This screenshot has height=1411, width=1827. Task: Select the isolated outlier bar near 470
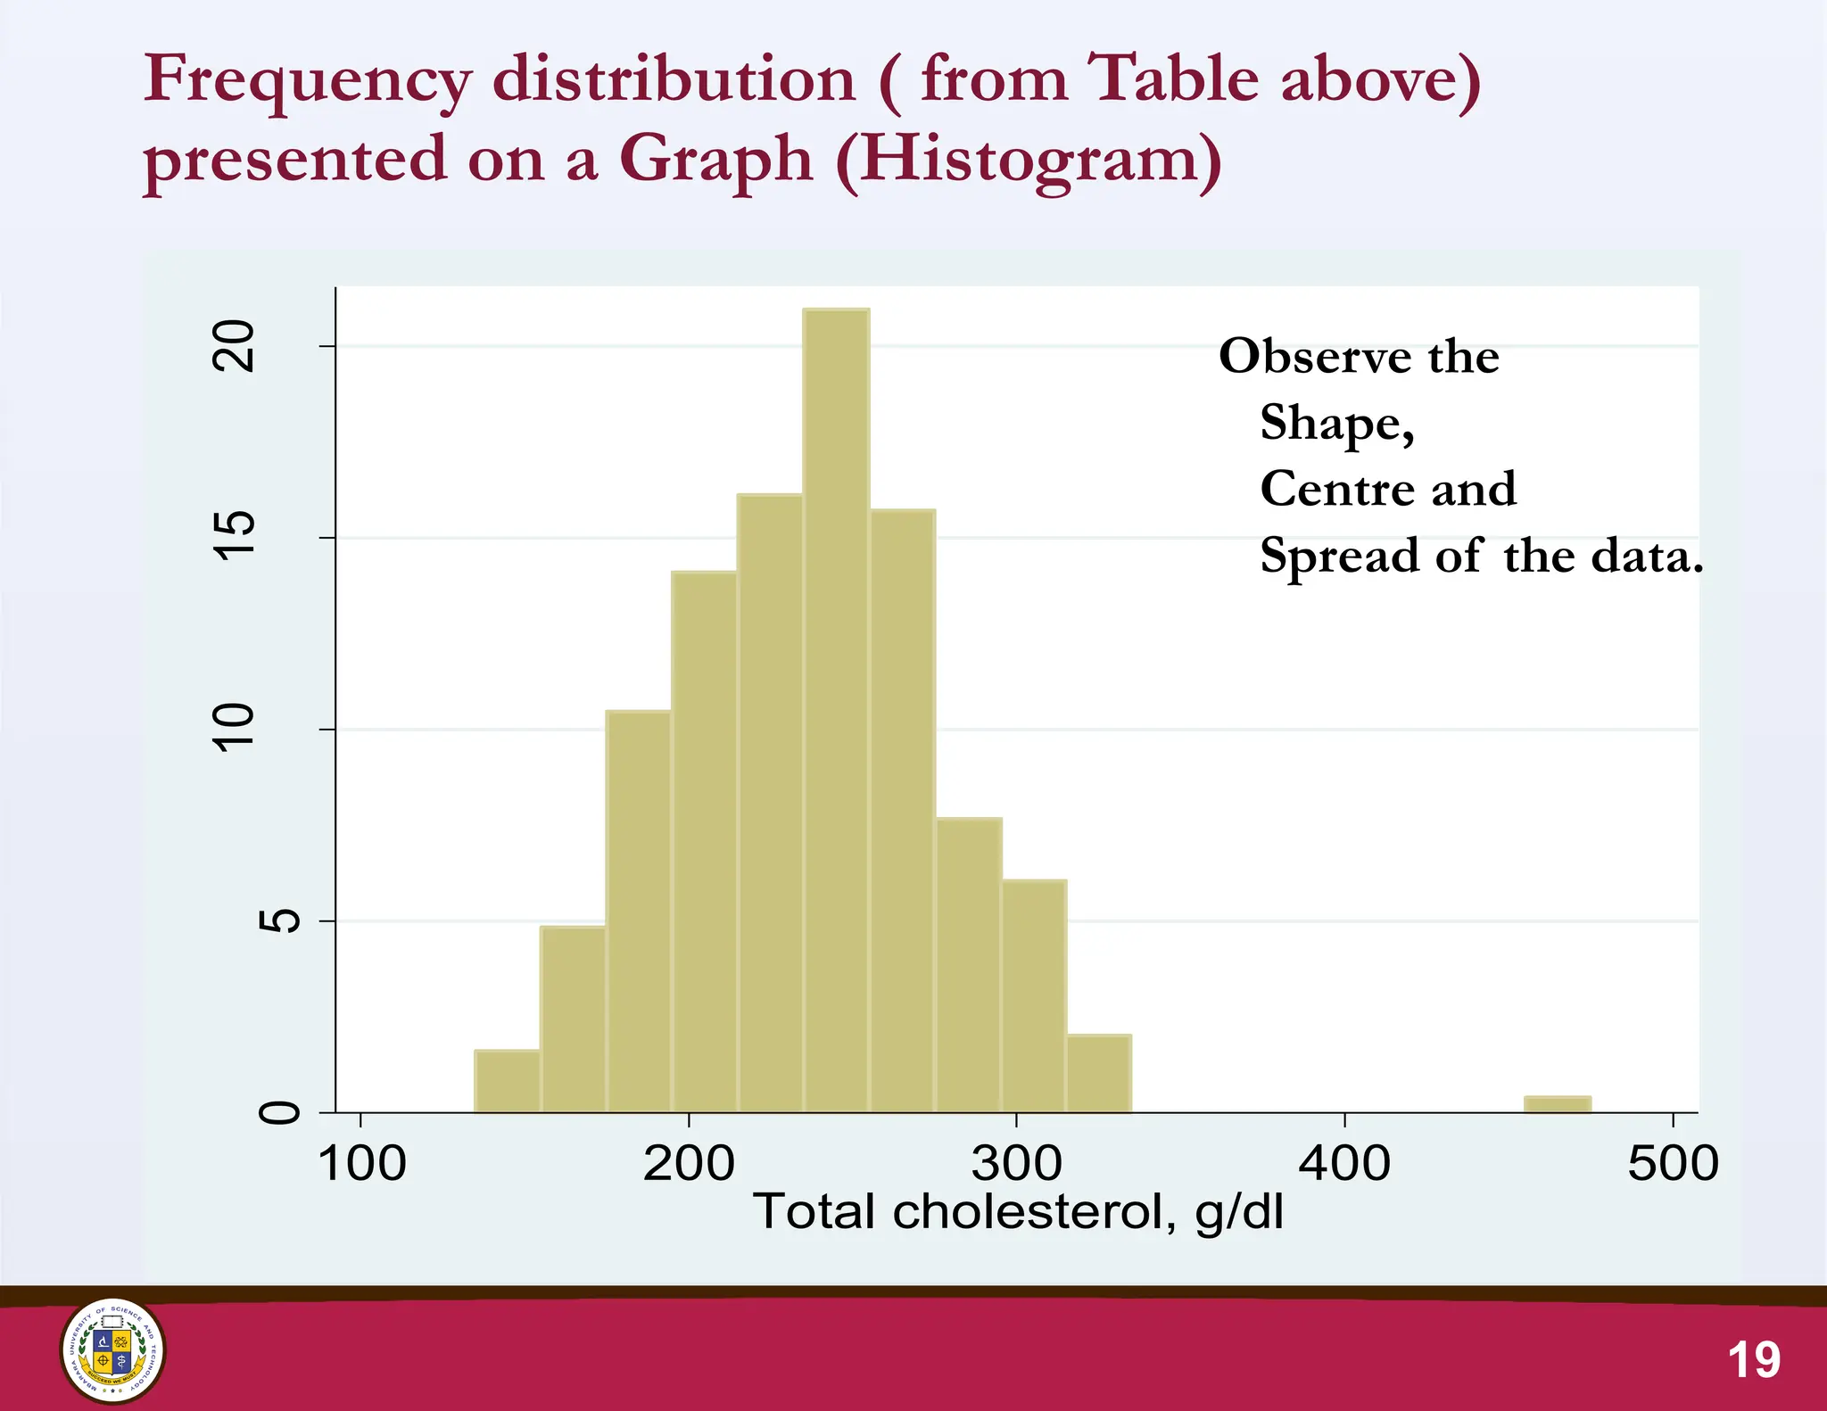(1557, 1104)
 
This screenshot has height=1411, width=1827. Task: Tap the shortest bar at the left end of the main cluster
(507, 1081)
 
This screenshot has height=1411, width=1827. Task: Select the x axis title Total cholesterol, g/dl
(1018, 1212)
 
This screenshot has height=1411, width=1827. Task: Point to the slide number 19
(1754, 1360)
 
